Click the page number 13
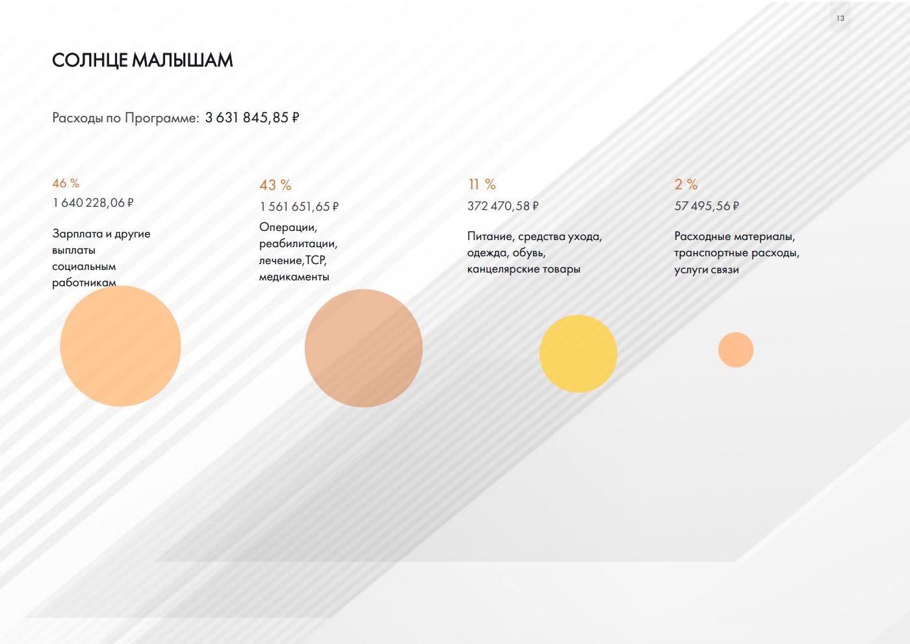(x=840, y=18)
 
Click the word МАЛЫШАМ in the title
(x=183, y=60)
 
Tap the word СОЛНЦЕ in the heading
(x=90, y=60)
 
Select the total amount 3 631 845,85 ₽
(x=252, y=118)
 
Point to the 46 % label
(x=66, y=183)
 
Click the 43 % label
(x=276, y=185)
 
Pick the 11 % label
(x=482, y=185)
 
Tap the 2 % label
(x=686, y=185)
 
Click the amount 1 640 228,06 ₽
(x=93, y=202)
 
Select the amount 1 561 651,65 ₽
(x=300, y=207)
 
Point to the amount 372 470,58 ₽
(x=503, y=206)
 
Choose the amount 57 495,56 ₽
(x=707, y=206)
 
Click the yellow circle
(x=578, y=353)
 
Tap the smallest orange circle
(x=736, y=350)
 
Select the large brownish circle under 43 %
(x=363, y=348)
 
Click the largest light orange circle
(x=121, y=346)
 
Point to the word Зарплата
(x=77, y=234)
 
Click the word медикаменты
(x=294, y=277)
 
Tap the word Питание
(x=489, y=236)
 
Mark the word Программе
(x=162, y=118)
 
